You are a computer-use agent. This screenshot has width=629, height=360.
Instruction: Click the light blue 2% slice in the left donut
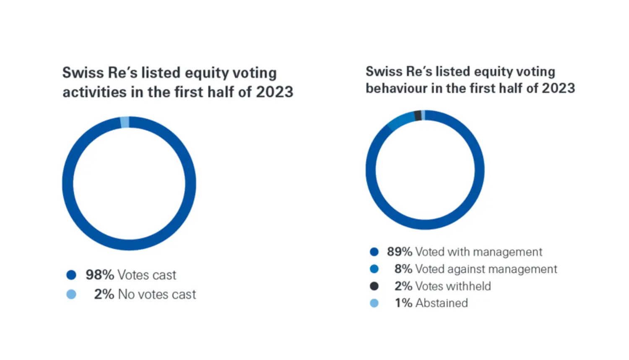[x=125, y=122]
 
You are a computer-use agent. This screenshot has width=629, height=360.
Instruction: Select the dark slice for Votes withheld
[x=418, y=116]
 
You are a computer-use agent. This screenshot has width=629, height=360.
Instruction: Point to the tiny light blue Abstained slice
[x=423, y=115]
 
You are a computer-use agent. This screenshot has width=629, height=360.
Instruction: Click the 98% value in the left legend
[x=100, y=275]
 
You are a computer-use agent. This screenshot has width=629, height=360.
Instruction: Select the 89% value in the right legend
[x=399, y=252]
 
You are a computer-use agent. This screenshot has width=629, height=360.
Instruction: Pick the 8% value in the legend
[x=403, y=269]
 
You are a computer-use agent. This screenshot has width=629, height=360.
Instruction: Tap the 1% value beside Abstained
[x=403, y=303]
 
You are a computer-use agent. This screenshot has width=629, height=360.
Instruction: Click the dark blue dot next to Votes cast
[x=71, y=275]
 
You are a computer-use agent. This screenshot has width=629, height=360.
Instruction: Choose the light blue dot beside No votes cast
[x=71, y=294]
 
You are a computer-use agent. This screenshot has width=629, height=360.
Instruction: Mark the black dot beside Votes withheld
[x=374, y=286]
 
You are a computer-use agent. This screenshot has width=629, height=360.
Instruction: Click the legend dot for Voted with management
[x=374, y=252]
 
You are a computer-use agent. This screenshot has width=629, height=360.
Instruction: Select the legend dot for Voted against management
[x=374, y=269]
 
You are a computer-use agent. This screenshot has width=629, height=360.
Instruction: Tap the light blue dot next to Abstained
[x=374, y=303]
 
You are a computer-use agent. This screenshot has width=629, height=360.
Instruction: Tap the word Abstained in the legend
[x=442, y=303]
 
